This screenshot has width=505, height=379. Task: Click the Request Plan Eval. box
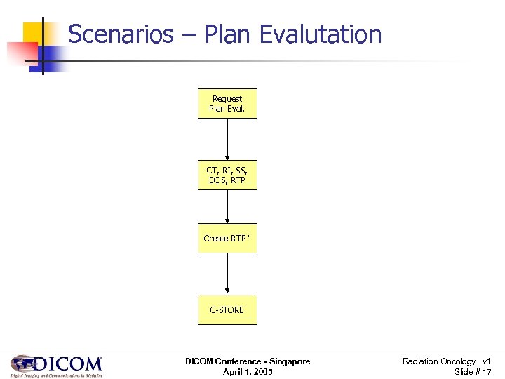(x=227, y=103)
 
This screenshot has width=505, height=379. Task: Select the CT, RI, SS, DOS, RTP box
(x=227, y=175)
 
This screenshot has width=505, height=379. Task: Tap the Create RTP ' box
(x=227, y=239)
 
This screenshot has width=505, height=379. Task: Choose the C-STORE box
(x=227, y=310)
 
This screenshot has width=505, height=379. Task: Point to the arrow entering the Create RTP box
(x=227, y=207)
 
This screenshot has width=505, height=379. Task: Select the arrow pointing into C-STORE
(x=227, y=274)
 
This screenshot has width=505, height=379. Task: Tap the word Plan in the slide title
(x=229, y=34)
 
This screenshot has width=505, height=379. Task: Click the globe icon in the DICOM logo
(x=22, y=364)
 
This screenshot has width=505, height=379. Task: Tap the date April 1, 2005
(x=248, y=372)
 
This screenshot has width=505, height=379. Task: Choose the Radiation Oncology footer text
(x=438, y=361)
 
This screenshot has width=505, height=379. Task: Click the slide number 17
(x=486, y=372)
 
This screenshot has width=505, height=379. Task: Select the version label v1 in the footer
(x=487, y=361)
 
